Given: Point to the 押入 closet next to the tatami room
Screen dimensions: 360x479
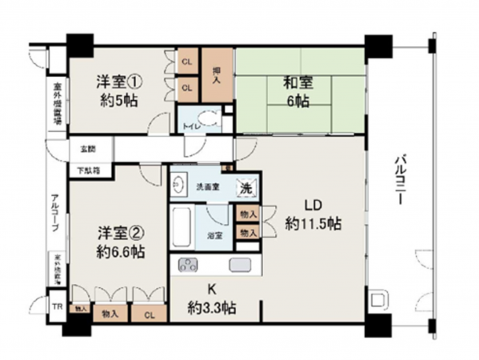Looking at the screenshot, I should (x=216, y=74).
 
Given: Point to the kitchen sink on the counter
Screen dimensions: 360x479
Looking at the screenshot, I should (x=239, y=266).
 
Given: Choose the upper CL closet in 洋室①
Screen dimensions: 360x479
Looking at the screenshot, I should (x=186, y=62).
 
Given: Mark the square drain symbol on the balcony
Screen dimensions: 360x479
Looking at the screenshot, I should (x=377, y=303).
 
